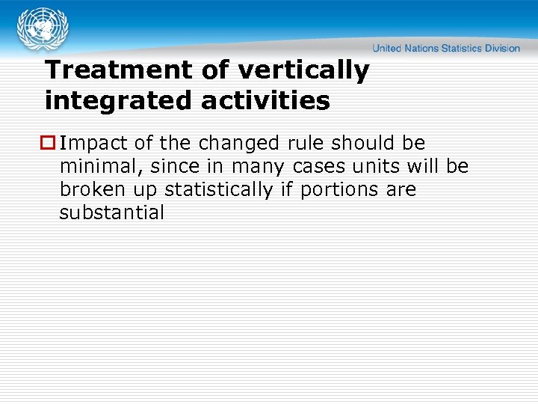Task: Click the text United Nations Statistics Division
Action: tap(446, 48)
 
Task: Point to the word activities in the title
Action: tap(265, 100)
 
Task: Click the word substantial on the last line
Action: tap(111, 212)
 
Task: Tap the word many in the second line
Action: tap(254, 166)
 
